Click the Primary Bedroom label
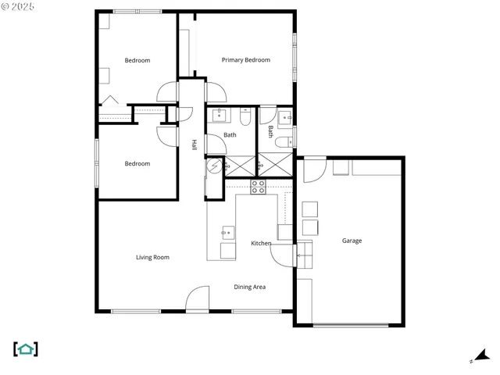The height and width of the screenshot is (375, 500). point(245,60)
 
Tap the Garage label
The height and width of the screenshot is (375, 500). point(352,241)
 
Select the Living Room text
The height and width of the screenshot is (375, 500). point(152,257)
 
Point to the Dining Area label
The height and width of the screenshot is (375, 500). point(250,287)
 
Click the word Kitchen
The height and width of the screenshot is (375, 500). point(261,244)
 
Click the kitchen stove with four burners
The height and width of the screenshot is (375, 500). point(258,187)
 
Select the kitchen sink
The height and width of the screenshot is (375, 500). point(227,232)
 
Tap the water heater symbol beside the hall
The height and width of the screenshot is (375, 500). point(212,166)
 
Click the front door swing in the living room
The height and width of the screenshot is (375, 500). point(198,299)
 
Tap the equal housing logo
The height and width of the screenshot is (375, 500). point(26,349)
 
